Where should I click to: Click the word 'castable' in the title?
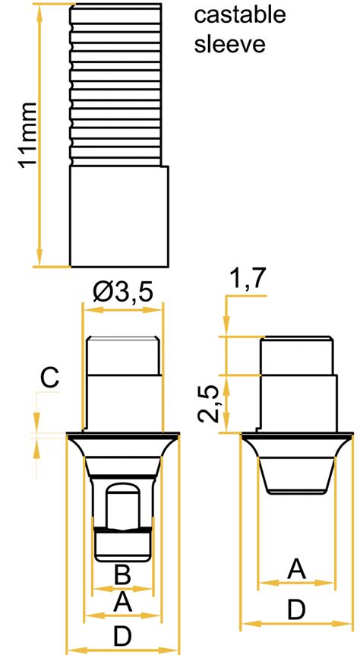click(239, 14)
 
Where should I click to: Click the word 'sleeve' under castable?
click(230, 44)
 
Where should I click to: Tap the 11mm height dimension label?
click(27, 135)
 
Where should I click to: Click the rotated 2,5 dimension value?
click(213, 403)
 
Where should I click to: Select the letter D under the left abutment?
click(123, 635)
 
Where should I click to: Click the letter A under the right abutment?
click(297, 568)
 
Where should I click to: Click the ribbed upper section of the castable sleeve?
click(118, 84)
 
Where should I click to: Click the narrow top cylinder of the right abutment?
click(297, 355)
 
